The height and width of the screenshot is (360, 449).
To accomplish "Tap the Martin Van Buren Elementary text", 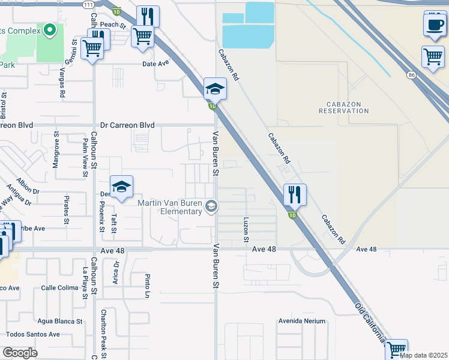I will pos(170,207).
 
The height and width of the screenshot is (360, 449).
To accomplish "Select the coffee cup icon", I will pos(434,25).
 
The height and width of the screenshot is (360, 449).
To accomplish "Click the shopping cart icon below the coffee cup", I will pos(433,58).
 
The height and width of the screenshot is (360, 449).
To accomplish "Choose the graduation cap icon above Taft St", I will pos(122,188).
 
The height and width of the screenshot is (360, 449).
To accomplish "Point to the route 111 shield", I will pos(88,4).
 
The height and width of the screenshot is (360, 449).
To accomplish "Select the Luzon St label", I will pos(246,230).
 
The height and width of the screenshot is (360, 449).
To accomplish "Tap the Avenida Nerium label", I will pos(301,321).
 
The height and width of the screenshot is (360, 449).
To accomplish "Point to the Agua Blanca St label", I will pos(59,321).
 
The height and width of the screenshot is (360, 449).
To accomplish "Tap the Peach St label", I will pos(112,25).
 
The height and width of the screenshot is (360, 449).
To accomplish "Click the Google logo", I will pos(20,353).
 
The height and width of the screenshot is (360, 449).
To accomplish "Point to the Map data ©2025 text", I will pos(424,355).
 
